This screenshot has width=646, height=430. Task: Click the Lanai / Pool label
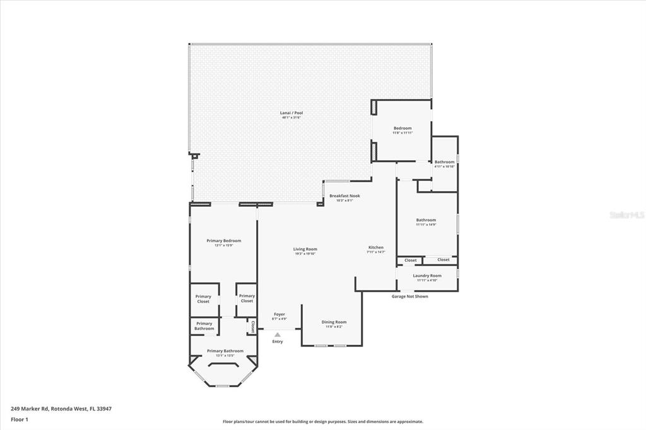[x=291, y=113]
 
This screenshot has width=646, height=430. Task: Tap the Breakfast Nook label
[x=344, y=196]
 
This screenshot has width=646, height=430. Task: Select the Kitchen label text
[x=376, y=247]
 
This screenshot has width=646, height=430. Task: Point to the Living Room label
[x=305, y=249]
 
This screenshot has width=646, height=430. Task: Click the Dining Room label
[x=334, y=322]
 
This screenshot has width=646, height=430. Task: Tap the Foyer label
[x=279, y=314]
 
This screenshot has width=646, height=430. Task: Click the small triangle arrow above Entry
[x=277, y=334]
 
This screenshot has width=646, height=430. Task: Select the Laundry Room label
[x=427, y=276]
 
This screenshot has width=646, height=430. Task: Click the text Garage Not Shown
[x=409, y=296]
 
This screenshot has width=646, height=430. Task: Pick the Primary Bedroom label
[x=224, y=241]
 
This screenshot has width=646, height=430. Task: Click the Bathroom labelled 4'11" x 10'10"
[x=444, y=162]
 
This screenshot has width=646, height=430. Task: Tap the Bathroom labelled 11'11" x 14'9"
[x=426, y=220]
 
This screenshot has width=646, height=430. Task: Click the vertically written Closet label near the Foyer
[x=252, y=327]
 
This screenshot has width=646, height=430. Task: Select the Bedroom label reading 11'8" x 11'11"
[x=402, y=128]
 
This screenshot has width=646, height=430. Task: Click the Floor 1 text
[x=20, y=419]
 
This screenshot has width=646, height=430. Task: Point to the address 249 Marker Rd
[x=61, y=409]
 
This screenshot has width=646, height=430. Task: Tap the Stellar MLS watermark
[x=626, y=215]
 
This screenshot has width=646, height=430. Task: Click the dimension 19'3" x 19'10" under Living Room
[x=305, y=254]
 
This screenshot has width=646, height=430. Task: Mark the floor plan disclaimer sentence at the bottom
[x=322, y=422]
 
